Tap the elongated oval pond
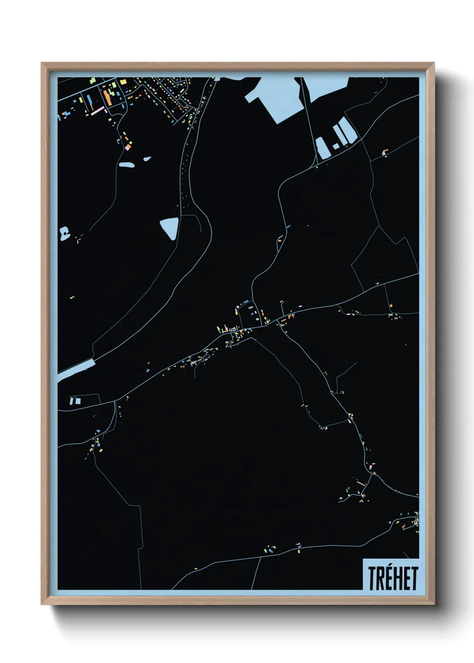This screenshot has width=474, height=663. pyautogui.click(x=126, y=165)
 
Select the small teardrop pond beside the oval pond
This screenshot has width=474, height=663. pyautogui.click(x=147, y=159)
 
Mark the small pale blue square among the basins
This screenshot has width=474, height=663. pyautogui.click(x=336, y=146)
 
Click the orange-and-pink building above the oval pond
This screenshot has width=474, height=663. pyautogui.click(x=128, y=146)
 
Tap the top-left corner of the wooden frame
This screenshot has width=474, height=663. pyautogui.click(x=42, y=63)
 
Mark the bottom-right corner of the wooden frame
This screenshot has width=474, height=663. pyautogui.click(x=435, y=604)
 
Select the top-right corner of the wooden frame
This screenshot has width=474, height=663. pyautogui.click(x=435, y=63)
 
